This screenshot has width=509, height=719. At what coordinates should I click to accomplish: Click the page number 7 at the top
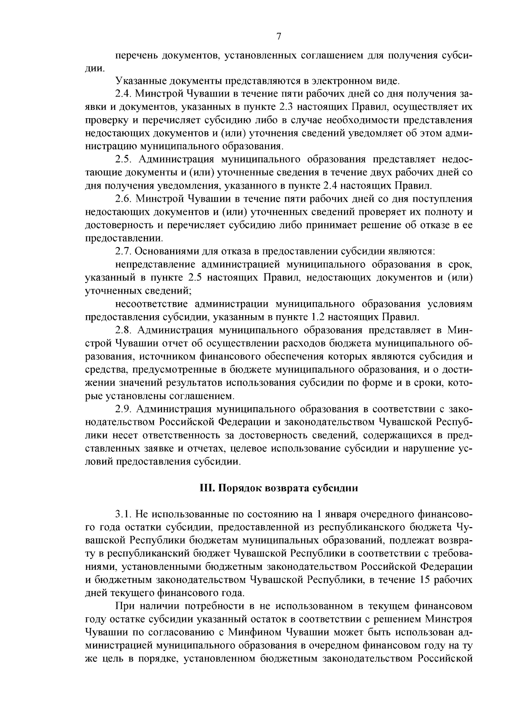(x=279, y=36)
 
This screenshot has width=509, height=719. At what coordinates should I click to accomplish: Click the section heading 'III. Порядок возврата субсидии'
(x=279, y=488)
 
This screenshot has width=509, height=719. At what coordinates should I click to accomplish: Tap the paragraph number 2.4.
(x=123, y=93)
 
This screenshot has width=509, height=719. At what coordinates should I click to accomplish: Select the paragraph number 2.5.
(x=123, y=159)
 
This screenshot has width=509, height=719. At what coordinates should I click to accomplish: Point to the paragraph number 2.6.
(x=123, y=199)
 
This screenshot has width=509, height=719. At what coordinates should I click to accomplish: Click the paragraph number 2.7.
(x=123, y=251)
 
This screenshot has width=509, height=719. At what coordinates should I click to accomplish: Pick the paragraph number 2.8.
(x=123, y=330)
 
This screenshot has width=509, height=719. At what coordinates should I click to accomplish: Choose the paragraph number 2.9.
(x=123, y=409)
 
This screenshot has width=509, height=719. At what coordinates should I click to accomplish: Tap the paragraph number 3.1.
(x=123, y=514)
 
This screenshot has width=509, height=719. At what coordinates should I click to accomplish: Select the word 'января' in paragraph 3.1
(x=340, y=514)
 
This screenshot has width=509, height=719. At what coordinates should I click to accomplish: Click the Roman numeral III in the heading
(x=207, y=488)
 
